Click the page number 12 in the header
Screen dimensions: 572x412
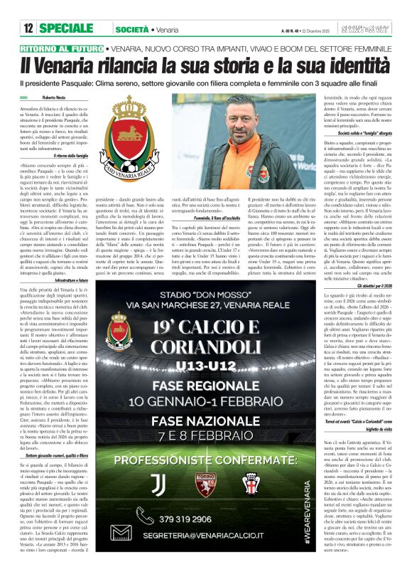(28, 28)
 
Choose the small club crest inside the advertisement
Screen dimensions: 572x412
(117, 331)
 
